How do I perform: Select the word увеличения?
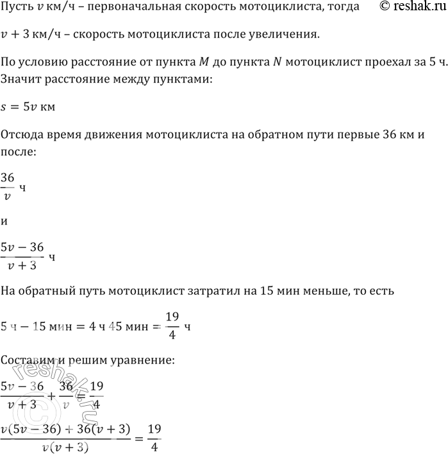[x=284, y=34]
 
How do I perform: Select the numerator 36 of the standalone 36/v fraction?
[x=8, y=177]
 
